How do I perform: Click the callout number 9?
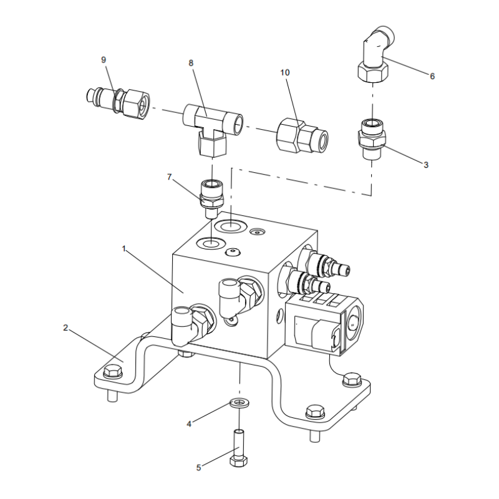(x=104, y=59)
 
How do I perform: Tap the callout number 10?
(x=285, y=73)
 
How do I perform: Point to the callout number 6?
(x=432, y=76)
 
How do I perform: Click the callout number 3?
(x=426, y=165)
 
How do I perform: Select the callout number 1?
(x=124, y=248)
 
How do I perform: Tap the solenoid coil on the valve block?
(x=325, y=324)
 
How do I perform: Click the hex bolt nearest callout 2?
(x=113, y=371)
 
